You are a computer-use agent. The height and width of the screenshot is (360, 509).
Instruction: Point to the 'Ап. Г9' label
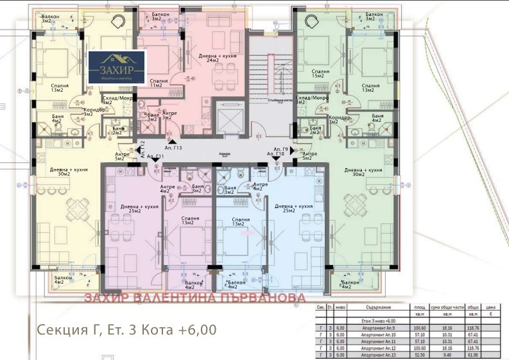click(276, 149)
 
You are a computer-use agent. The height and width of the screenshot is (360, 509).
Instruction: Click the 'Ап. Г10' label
click(275, 155)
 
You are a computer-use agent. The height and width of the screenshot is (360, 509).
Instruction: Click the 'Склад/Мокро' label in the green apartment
click(312, 99)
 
